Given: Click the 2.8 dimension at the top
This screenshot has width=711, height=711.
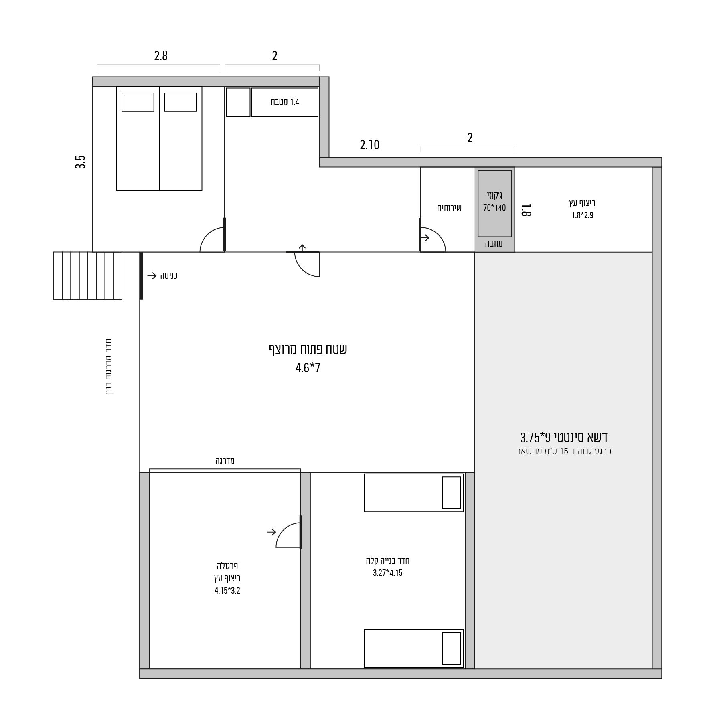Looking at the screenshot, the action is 161,55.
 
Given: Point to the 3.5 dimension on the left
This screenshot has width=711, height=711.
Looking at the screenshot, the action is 81,162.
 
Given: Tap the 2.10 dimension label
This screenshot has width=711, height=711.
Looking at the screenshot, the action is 369,145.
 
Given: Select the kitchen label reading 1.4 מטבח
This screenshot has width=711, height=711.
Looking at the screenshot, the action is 285,102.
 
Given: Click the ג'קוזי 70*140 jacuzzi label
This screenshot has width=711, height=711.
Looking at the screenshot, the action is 494,202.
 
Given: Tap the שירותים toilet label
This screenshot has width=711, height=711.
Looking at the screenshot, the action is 449,208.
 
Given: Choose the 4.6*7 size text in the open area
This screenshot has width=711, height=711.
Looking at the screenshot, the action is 308,368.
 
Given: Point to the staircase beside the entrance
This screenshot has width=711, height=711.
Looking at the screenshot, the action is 88,275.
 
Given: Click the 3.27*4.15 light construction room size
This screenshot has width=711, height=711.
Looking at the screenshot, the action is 387,573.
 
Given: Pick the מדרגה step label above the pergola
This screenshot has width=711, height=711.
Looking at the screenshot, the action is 225,461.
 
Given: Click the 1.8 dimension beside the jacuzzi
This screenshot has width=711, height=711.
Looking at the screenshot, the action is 526,210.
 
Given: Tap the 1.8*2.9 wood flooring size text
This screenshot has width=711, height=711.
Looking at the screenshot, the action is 582,215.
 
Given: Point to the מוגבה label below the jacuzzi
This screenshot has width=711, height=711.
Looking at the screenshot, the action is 494,243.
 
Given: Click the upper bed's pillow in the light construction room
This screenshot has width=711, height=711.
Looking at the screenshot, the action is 451,493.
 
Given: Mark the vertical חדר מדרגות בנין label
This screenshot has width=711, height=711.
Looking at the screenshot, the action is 109,367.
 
